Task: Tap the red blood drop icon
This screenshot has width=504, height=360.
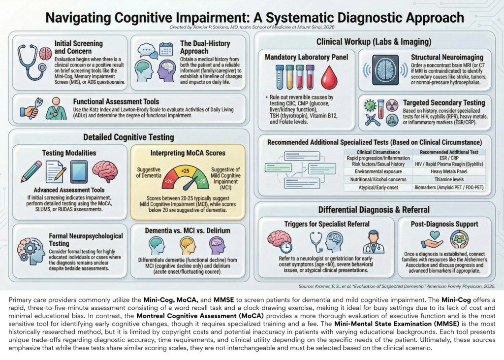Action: [330, 77]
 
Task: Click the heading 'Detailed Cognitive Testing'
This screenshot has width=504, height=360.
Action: [128, 137]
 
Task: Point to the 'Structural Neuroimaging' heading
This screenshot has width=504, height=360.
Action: [447, 57]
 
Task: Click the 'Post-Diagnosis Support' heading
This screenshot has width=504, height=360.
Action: [445, 224]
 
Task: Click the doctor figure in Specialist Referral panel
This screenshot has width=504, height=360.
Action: [373, 241]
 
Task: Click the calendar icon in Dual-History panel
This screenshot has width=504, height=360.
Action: [166, 49]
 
